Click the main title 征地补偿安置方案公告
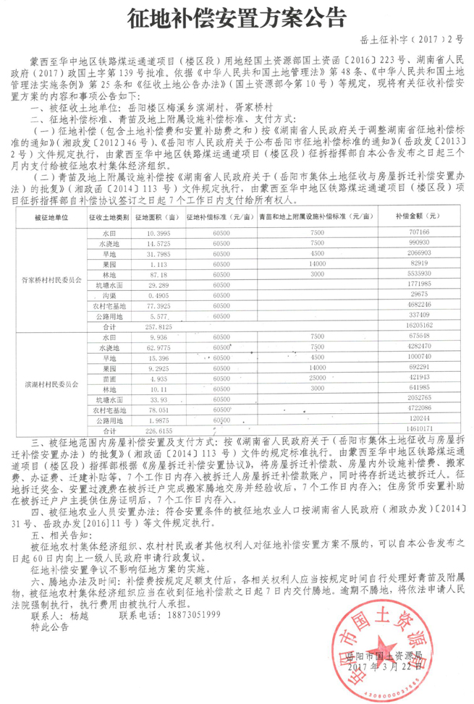(237, 17)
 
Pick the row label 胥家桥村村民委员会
(46, 278)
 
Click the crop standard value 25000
(316, 378)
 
